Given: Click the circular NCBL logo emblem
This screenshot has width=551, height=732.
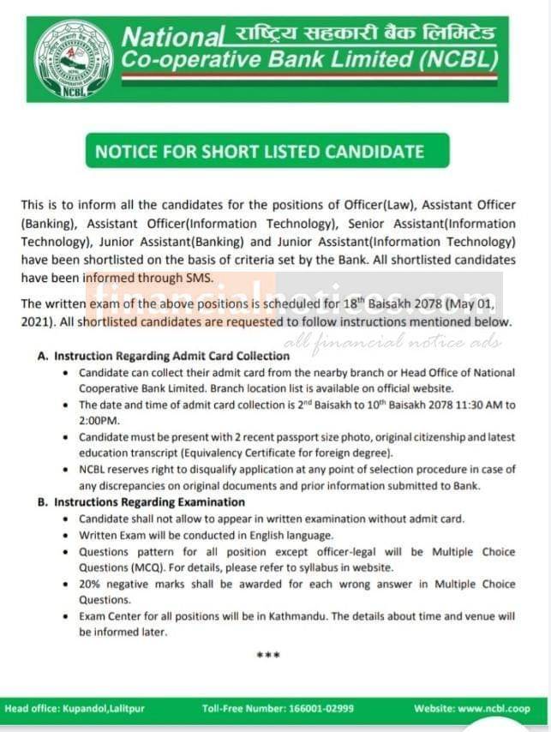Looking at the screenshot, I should (x=74, y=58).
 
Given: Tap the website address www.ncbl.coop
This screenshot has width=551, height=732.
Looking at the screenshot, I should (x=494, y=709).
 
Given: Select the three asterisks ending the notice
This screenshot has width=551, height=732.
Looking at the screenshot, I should (x=269, y=656).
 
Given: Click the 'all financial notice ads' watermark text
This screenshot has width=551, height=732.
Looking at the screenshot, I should (x=405, y=341).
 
